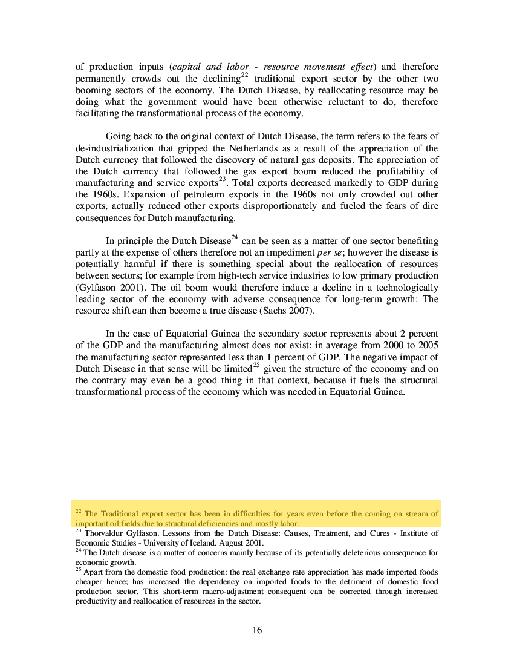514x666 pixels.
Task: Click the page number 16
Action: [x=257, y=630]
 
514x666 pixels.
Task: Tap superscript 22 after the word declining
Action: [x=245, y=75]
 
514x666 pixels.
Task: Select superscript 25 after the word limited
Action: [x=256, y=365]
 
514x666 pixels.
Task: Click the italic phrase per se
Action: [x=330, y=252]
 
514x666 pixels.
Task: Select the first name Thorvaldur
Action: [x=103, y=533]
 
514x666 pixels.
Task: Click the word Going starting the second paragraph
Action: [x=119, y=137]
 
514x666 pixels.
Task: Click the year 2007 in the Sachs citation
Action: [x=301, y=311]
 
